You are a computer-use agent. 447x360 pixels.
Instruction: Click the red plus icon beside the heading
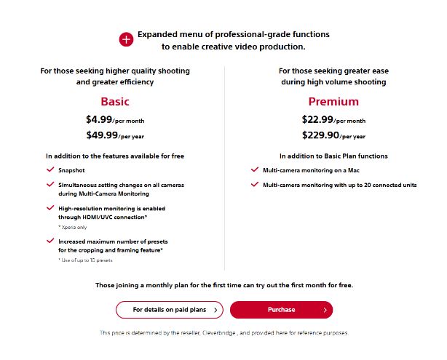[x=126, y=40]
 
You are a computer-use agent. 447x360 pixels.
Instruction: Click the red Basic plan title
[x=115, y=102]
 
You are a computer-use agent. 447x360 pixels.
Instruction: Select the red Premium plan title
[x=333, y=102]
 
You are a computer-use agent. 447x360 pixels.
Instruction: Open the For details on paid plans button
[x=169, y=310]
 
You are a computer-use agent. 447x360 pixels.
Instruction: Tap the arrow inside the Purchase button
[x=325, y=310]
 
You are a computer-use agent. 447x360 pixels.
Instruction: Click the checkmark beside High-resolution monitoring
[x=50, y=207]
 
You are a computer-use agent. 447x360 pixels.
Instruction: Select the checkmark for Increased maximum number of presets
[x=50, y=240]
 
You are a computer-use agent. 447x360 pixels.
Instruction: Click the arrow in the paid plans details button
[x=215, y=310]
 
